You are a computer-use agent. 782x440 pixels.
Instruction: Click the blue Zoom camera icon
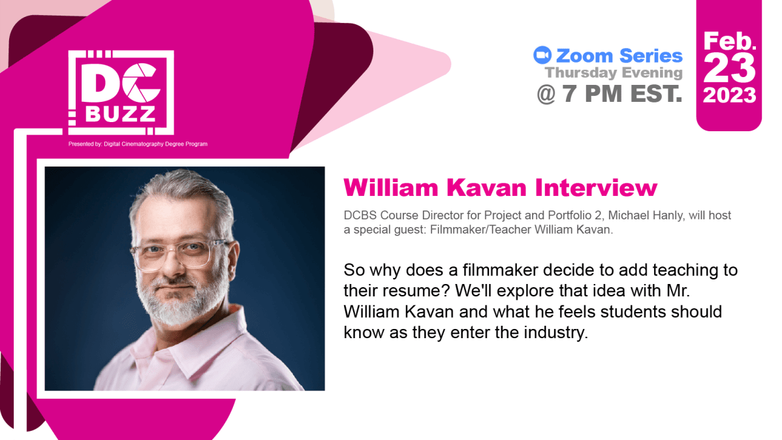tap(542, 55)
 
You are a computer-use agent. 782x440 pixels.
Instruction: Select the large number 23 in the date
tap(730, 67)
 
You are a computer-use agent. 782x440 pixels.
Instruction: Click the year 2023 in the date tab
tap(729, 95)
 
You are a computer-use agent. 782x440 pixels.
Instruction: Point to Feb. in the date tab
tap(729, 40)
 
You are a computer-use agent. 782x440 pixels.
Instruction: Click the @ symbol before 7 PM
tap(546, 93)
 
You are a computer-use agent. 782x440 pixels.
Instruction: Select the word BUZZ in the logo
tap(121, 114)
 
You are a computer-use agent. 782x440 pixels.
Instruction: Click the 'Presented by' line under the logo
tap(138, 144)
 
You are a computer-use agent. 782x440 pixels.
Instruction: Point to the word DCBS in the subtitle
tap(358, 215)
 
